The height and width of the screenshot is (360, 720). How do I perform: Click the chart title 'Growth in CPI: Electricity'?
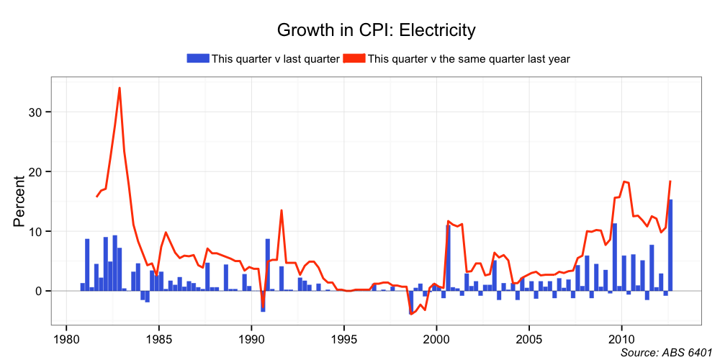[x=377, y=30]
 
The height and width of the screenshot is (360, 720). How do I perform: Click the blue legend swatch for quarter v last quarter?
[x=198, y=58]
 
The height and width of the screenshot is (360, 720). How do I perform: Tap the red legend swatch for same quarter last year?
[x=354, y=58]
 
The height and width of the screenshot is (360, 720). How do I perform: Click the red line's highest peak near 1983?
[x=120, y=89]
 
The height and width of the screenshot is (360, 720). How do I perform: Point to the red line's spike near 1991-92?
[x=282, y=211]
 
